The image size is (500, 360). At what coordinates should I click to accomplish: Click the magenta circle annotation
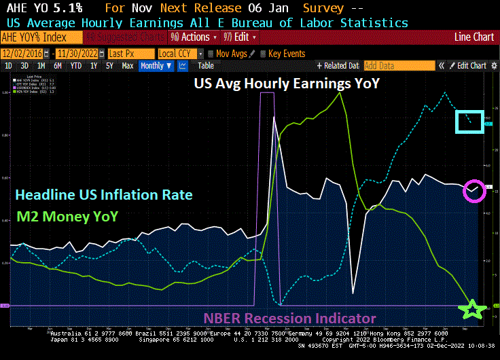tap(474, 191)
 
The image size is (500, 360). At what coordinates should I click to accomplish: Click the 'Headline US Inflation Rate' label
tap(104, 195)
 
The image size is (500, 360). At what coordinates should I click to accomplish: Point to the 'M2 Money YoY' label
tap(67, 217)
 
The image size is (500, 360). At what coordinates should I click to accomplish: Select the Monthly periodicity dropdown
tap(156, 66)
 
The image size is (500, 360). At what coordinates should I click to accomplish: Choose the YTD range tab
tap(76, 66)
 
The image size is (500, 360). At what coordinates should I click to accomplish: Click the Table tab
tap(205, 66)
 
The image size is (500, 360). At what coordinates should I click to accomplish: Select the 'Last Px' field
tap(126, 53)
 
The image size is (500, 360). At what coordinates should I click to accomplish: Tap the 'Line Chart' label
tap(474, 37)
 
